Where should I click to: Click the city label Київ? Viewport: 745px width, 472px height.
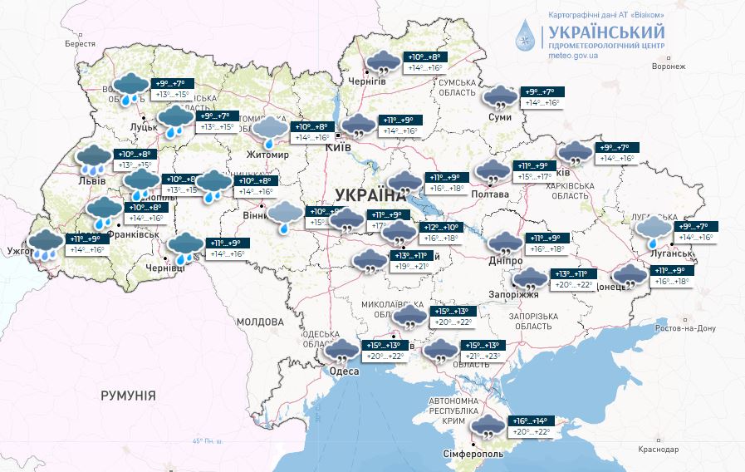pos(338,147)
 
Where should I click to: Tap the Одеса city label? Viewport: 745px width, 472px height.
pos(345,371)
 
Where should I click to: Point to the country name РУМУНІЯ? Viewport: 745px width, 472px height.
pos(128,396)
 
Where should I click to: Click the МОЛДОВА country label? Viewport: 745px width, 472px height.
pos(260,322)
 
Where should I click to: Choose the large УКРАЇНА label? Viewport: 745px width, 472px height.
pos(366,195)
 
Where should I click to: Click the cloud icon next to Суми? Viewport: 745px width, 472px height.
pos(500,98)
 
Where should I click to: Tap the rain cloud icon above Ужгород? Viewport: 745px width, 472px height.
pos(45,243)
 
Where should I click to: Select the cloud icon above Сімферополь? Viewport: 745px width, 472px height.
pos(485,428)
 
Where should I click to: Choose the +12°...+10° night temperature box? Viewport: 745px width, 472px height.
pos(441,227)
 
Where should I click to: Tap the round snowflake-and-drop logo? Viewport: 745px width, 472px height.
pos(526,36)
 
